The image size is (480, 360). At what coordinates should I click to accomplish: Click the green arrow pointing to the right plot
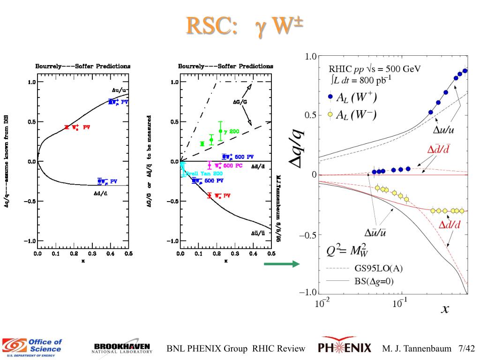(281, 264)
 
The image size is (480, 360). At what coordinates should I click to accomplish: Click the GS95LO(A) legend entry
(378, 269)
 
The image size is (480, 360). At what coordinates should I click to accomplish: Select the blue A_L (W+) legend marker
(330, 97)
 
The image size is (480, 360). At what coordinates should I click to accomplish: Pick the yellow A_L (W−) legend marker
(330, 115)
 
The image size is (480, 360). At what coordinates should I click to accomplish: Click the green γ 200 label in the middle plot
(232, 132)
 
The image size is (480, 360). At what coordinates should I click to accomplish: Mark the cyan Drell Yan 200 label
(200, 173)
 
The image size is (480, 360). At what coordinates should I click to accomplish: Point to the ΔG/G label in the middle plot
(241, 101)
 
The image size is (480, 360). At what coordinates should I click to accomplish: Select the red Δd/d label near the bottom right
(450, 225)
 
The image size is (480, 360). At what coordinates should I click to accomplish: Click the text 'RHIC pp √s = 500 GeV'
(375, 69)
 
